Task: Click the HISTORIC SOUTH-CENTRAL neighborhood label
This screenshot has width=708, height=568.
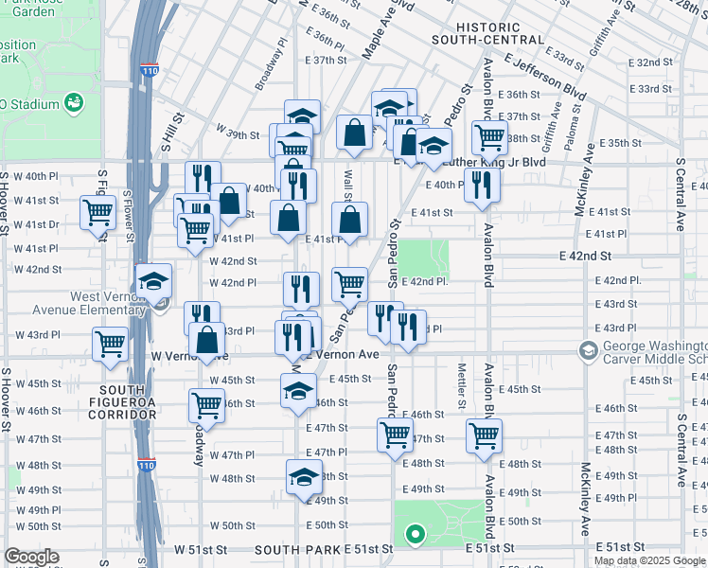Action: tap(487, 34)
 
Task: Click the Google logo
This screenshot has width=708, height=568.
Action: tap(32, 558)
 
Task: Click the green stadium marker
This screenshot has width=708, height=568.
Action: tap(71, 101)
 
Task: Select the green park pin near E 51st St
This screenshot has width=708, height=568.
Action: tap(414, 536)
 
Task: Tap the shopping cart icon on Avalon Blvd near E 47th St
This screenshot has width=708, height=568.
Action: tap(484, 437)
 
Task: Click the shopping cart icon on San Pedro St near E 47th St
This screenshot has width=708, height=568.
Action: tap(395, 435)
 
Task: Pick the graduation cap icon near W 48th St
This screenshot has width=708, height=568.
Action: tap(304, 477)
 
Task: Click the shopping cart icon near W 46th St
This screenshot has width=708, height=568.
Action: tap(205, 405)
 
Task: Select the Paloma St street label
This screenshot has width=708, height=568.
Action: tap(574, 123)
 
